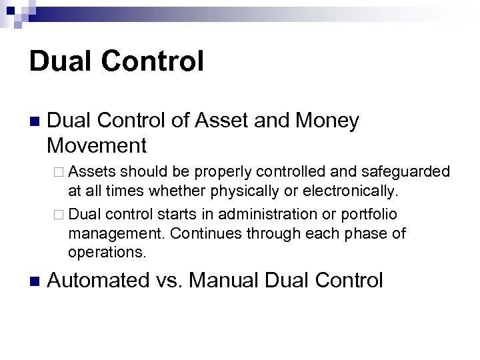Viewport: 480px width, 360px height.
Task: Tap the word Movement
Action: pyautogui.click(x=97, y=145)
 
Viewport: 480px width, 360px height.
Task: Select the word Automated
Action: pyautogui.click(x=99, y=280)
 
